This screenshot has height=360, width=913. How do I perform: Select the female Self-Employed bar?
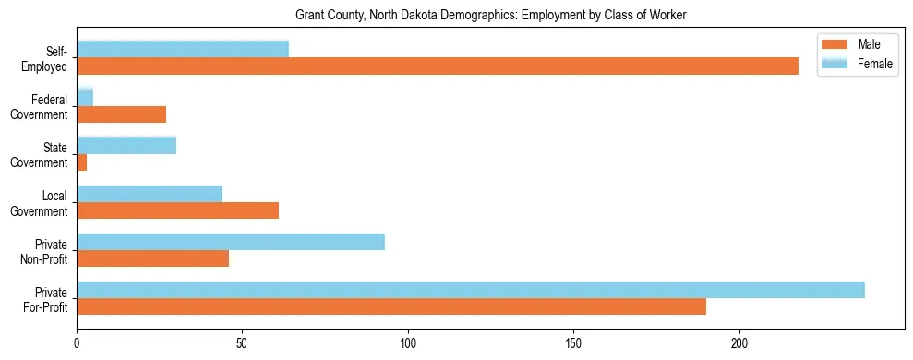(183, 49)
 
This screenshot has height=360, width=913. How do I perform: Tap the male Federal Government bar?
(121, 114)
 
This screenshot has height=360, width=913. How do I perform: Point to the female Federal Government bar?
(85, 97)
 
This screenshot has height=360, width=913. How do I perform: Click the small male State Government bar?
(82, 162)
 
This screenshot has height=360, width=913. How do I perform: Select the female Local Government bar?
(150, 193)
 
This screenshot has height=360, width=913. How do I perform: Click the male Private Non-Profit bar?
(152, 258)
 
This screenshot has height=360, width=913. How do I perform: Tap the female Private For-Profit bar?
(471, 290)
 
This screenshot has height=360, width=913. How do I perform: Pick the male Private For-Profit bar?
(391, 306)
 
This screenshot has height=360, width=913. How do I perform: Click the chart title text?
(490, 15)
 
